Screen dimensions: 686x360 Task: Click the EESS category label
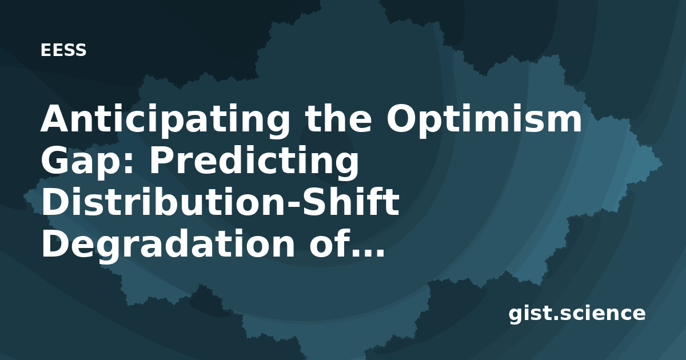click(x=63, y=50)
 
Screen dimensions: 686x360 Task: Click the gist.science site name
click(x=577, y=314)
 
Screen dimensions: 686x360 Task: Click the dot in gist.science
click(x=556, y=318)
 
